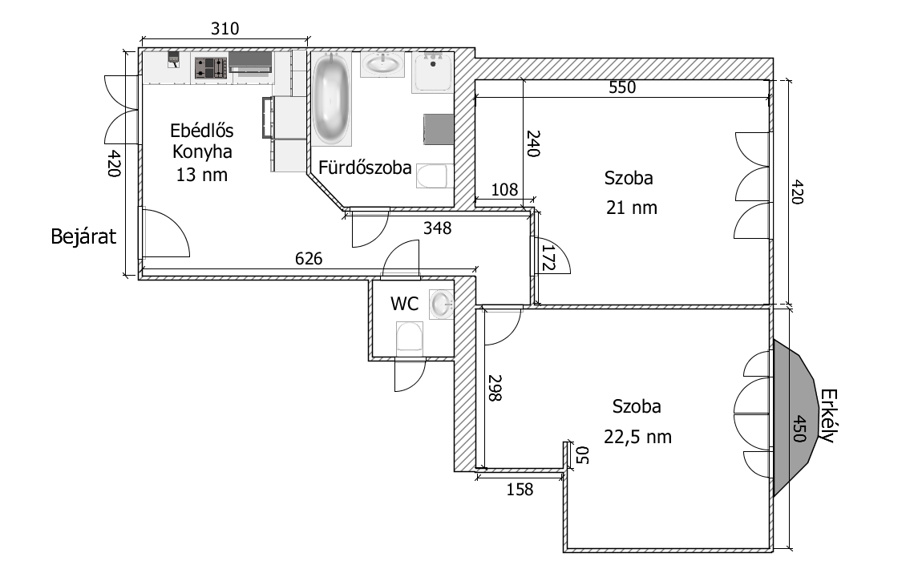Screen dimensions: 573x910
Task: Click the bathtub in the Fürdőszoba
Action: click(x=331, y=99)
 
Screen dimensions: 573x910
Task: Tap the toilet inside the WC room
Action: click(x=410, y=337)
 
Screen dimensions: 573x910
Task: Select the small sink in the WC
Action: click(x=440, y=304)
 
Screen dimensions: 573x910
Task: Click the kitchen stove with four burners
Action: click(x=209, y=67)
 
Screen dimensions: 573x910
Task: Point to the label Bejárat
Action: click(x=84, y=237)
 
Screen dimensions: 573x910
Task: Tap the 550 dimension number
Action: click(x=621, y=88)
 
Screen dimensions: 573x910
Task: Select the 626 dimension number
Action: click(x=309, y=258)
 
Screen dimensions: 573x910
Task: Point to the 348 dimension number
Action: click(x=438, y=228)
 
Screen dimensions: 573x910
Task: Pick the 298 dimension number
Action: click(x=494, y=388)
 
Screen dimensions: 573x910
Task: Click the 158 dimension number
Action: click(x=520, y=489)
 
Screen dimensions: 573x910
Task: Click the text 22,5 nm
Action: click(x=637, y=438)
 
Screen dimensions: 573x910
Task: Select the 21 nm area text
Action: click(x=633, y=208)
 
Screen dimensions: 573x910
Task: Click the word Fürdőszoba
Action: click(x=366, y=168)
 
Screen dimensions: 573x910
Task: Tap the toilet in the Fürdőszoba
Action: click(x=434, y=176)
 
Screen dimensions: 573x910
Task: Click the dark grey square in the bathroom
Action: click(x=438, y=129)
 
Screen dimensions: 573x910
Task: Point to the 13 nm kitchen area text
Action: click(x=202, y=175)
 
